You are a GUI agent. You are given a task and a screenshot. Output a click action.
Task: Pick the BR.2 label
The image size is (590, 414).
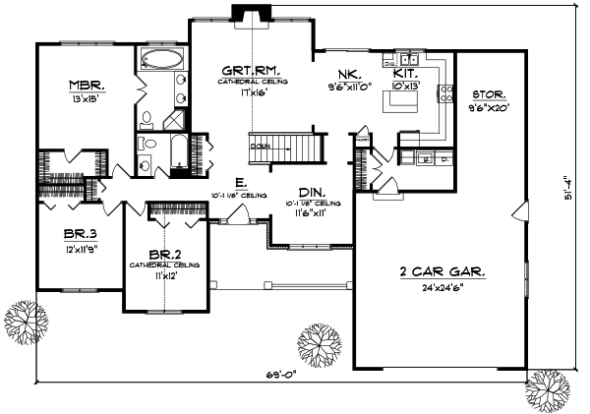tap(164, 254)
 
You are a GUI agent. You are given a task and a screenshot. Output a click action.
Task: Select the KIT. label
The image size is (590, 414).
tap(406, 74)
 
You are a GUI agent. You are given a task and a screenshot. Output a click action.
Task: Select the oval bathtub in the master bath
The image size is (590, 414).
tap(160, 58)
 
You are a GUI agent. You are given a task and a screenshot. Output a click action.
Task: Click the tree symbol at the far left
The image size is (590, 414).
tap(26, 320)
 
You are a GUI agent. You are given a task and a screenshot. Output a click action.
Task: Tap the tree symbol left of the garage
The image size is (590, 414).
tap(317, 343)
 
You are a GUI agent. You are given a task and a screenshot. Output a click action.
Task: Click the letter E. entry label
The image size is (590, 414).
tap(241, 182)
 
